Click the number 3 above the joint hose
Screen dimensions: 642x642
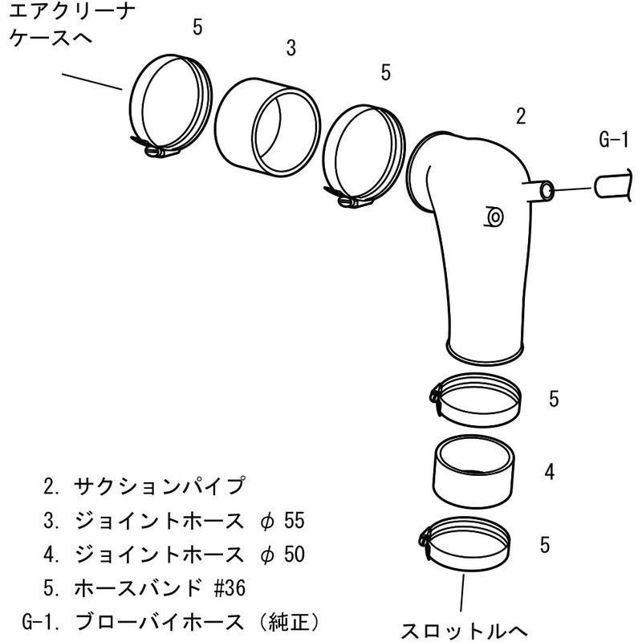tap(291, 48)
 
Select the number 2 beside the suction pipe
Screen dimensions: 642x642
tap(521, 117)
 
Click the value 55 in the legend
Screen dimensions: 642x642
tap(295, 521)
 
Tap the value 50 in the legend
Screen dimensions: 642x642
tap(295, 555)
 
